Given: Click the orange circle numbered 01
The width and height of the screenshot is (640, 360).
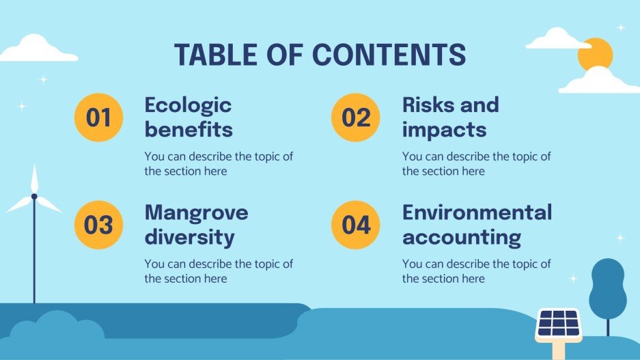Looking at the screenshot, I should [98, 117].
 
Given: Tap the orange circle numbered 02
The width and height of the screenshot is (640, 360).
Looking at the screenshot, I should [356, 117].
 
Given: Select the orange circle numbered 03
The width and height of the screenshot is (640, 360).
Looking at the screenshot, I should [98, 225].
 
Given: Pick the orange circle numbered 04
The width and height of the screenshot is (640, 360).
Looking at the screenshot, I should [356, 225].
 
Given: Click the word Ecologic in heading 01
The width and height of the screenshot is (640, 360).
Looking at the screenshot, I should [188, 106].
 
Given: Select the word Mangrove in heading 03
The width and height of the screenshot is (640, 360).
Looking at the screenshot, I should [196, 212].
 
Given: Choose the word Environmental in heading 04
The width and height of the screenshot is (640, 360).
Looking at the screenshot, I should [477, 212].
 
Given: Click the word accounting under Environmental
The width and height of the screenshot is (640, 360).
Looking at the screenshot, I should [461, 237].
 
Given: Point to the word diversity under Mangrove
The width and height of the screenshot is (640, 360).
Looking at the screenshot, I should [189, 237].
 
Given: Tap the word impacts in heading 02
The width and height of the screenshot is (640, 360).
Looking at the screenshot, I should [444, 130].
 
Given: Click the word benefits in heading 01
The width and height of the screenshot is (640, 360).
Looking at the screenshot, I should [189, 130].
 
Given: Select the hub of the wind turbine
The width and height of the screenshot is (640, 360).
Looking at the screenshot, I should [34, 197].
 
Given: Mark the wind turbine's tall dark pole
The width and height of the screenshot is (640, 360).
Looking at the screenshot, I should [34, 260].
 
